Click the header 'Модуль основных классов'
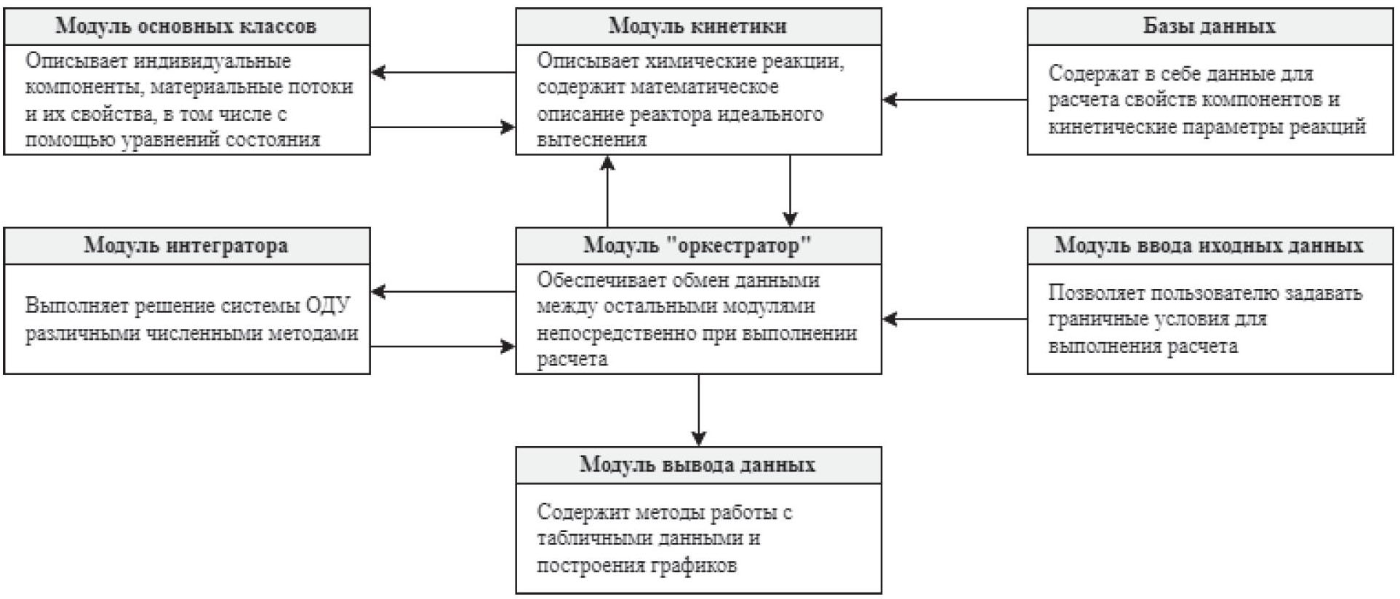pos(186,26)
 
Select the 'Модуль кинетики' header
pos(697,26)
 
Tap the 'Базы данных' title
pos(1209,26)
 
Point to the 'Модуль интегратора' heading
pos(186,245)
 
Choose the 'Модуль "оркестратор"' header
pos(697,245)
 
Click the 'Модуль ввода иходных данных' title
pos(1209,245)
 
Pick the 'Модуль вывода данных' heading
pos(697,464)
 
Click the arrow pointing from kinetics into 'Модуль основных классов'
pos(443,72)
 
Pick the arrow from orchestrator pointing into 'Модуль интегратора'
pos(443,292)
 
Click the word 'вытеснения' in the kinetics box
pos(591,140)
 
